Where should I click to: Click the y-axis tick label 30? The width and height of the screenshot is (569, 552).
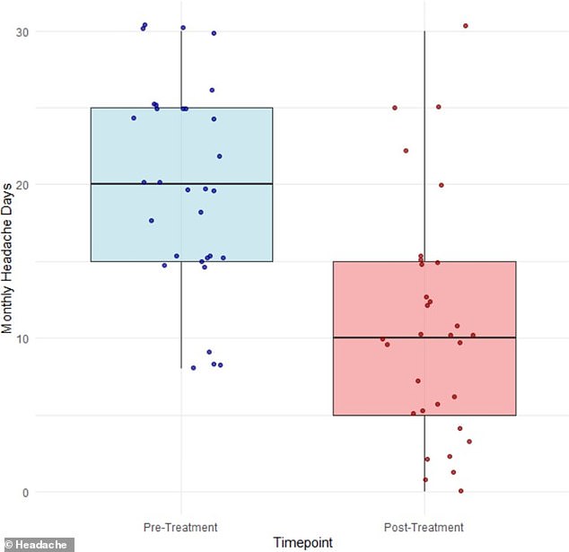tap(19, 31)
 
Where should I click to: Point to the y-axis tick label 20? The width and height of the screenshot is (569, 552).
tap(19, 185)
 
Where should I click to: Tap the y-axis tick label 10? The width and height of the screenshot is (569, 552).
tap(19, 338)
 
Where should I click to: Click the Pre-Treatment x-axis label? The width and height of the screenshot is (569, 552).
tap(180, 527)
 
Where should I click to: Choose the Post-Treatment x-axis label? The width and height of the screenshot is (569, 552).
tap(425, 527)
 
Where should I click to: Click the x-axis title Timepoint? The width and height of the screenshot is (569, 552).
tap(302, 542)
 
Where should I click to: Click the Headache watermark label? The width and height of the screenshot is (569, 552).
tap(37, 544)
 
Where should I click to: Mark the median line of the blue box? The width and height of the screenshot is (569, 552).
tap(181, 184)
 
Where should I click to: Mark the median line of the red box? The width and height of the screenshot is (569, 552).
tap(425, 337)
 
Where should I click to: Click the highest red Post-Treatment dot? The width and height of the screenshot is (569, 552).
tap(465, 26)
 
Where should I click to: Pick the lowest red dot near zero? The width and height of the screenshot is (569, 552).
tap(460, 491)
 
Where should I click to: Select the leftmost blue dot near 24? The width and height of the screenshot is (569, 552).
tap(134, 118)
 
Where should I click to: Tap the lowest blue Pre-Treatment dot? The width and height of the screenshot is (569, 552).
tap(193, 368)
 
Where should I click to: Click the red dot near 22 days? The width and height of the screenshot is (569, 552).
tap(406, 151)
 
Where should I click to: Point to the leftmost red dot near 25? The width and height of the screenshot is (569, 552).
tap(394, 108)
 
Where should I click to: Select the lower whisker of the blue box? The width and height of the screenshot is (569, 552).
tap(181, 314)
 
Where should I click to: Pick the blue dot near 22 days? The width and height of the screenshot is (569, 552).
tap(219, 156)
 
